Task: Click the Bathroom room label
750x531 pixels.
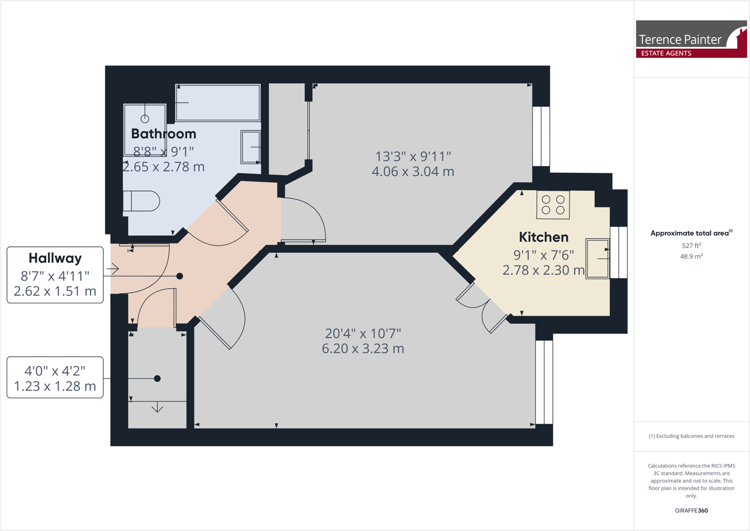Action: click(163, 134)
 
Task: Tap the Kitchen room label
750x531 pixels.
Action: click(543, 237)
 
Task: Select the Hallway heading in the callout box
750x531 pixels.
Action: click(55, 259)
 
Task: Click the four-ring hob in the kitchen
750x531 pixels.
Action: click(553, 205)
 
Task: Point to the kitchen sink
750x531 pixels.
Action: click(597, 259)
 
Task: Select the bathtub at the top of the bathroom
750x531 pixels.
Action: click(217, 102)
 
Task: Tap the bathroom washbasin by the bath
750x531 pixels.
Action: click(250, 147)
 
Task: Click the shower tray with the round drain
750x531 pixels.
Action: click(145, 129)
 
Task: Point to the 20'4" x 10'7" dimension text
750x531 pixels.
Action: click(363, 333)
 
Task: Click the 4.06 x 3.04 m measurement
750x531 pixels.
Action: click(412, 172)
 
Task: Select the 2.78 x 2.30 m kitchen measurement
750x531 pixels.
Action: click(543, 271)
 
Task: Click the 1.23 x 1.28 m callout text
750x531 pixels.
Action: click(55, 386)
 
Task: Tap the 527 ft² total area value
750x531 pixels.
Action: click(691, 246)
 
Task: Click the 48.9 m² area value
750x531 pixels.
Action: click(691, 256)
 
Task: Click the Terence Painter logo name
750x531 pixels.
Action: click(680, 40)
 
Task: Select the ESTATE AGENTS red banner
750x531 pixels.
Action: click(666, 53)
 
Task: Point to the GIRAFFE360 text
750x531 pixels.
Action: click(691, 510)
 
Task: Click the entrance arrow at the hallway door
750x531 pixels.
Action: click(113, 269)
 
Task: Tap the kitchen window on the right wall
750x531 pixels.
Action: click(619, 252)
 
